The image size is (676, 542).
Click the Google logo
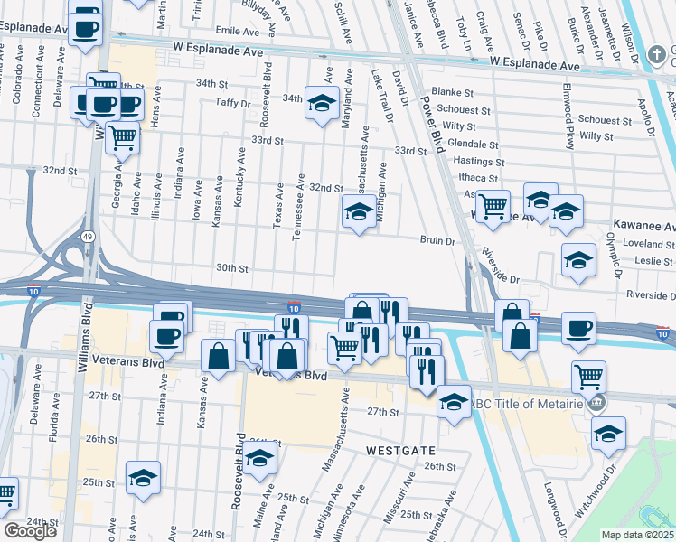click(30, 531)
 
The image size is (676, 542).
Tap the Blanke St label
click(453, 92)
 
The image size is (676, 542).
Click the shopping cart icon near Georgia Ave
click(122, 137)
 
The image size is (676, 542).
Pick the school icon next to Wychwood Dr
click(608, 434)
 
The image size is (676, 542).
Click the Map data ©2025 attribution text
click(638, 535)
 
